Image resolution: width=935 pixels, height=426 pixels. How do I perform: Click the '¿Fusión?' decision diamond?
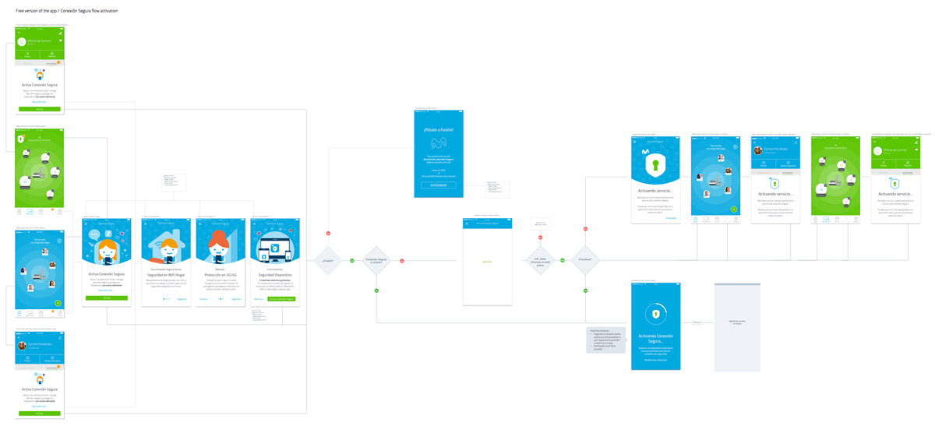point(327,260)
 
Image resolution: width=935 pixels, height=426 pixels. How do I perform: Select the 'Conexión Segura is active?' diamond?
point(376,260)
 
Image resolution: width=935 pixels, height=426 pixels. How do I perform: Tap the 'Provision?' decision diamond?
point(585,260)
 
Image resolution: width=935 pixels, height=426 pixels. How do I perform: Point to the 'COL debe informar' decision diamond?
point(541,260)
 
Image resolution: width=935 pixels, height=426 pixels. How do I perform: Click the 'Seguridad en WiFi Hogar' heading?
point(166,275)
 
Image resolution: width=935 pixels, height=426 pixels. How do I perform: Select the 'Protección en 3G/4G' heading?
point(221,275)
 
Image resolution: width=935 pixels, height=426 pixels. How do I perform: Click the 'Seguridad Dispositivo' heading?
point(276,275)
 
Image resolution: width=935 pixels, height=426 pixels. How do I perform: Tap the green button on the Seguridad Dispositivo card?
point(281,298)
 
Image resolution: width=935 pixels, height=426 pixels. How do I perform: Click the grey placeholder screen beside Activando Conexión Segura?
point(736,326)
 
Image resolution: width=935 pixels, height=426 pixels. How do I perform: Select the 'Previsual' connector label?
point(697,322)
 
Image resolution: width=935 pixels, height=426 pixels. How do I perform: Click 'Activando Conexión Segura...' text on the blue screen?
point(655,338)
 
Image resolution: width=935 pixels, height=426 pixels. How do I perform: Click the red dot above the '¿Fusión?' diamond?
point(327,234)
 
